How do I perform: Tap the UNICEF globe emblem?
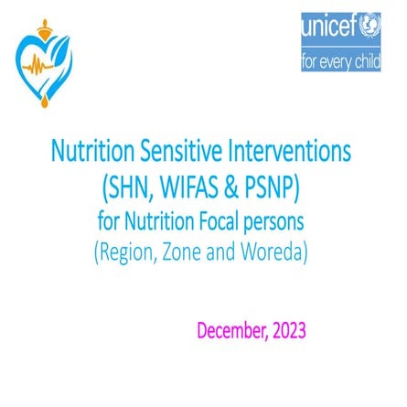tap(370, 29)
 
